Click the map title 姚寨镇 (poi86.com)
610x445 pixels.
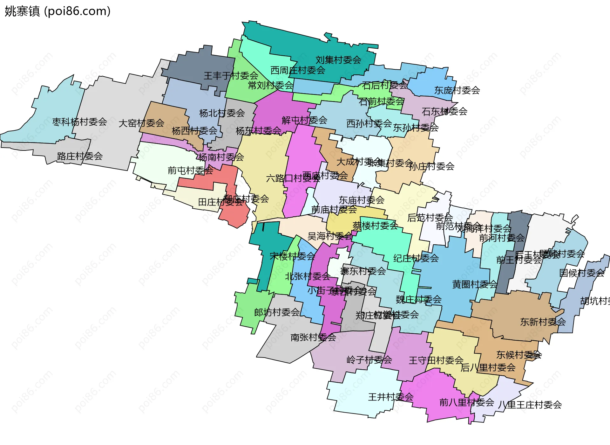click(58, 11)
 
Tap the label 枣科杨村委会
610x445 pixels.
click(79, 122)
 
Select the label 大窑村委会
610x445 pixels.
click(141, 123)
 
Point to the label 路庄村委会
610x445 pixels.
click(80, 156)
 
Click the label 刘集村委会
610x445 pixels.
click(338, 60)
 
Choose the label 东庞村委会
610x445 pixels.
click(457, 90)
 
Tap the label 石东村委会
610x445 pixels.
click(444, 112)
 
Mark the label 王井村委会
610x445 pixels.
click(391, 397)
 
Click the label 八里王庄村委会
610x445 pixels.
click(530, 405)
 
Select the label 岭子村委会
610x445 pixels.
click(369, 360)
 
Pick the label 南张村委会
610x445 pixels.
click(313, 337)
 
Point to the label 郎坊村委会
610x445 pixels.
click(277, 312)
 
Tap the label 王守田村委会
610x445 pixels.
click(436, 360)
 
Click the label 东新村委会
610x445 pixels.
click(543, 322)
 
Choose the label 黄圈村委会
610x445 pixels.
click(475, 284)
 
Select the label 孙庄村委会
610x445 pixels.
click(431, 166)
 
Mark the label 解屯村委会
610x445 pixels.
click(304, 120)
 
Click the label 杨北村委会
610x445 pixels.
click(222, 113)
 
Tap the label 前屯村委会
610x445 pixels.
click(190, 171)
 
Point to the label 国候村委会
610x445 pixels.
click(582, 273)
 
